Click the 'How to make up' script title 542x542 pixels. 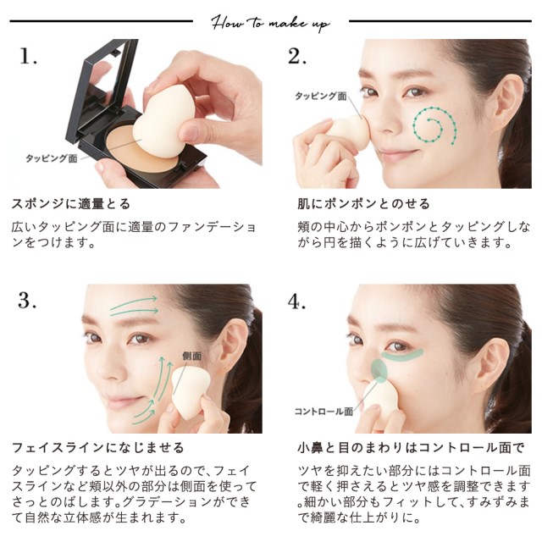(x=270, y=24)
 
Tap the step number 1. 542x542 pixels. (x=28, y=56)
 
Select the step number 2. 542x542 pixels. (x=297, y=56)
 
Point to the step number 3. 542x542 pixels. (x=27, y=300)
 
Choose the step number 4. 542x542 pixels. (x=296, y=301)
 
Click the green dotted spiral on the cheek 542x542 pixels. (x=434, y=124)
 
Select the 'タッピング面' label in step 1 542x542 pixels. (x=51, y=158)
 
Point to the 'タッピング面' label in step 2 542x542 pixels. (x=320, y=96)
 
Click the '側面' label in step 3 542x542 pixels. (x=192, y=356)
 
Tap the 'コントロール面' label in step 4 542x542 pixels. (x=324, y=411)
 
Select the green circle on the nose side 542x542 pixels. (x=379, y=371)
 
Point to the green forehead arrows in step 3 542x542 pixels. (x=134, y=306)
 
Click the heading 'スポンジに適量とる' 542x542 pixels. (x=71, y=204)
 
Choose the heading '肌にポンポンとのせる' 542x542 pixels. (x=363, y=204)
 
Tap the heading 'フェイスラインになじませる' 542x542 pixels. (x=98, y=448)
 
